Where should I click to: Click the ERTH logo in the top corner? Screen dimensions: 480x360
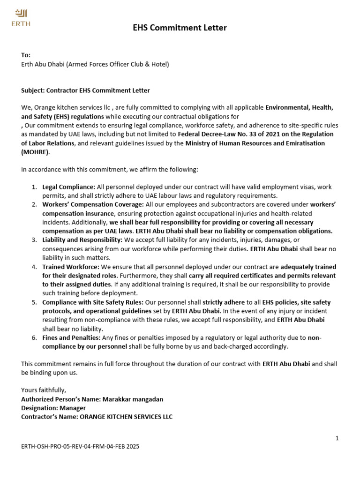point(22,18)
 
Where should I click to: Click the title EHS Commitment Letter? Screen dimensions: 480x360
point(180,28)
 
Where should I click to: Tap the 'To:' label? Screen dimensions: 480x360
point(26,55)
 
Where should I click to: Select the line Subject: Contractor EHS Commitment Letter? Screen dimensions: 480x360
point(86,90)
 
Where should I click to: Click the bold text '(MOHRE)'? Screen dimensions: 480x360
point(35,152)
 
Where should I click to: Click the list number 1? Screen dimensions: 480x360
point(34,187)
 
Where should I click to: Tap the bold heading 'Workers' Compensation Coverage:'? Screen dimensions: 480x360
point(93,204)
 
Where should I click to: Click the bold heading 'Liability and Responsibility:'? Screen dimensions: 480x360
point(82,240)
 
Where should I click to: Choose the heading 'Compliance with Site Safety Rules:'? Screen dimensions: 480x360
point(93,302)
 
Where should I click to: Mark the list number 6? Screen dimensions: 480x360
point(34,337)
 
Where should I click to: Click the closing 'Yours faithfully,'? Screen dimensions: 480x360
point(44,390)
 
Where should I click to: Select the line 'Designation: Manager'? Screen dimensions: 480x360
point(53,408)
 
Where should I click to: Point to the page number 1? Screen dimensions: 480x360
point(337,438)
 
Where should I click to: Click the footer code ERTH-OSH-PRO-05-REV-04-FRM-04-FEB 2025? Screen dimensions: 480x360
point(80,447)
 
